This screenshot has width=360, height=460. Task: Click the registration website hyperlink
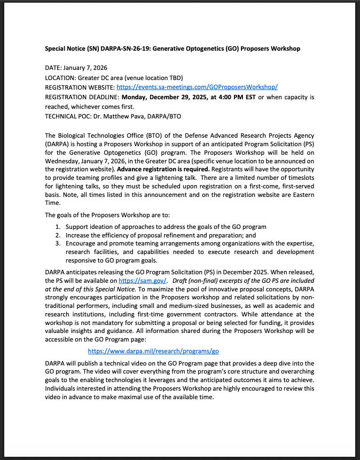point(197,87)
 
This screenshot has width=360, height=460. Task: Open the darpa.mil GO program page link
point(153,351)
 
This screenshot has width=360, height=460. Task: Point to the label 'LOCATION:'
point(60,77)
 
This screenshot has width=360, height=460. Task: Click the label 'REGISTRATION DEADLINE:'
point(82,97)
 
